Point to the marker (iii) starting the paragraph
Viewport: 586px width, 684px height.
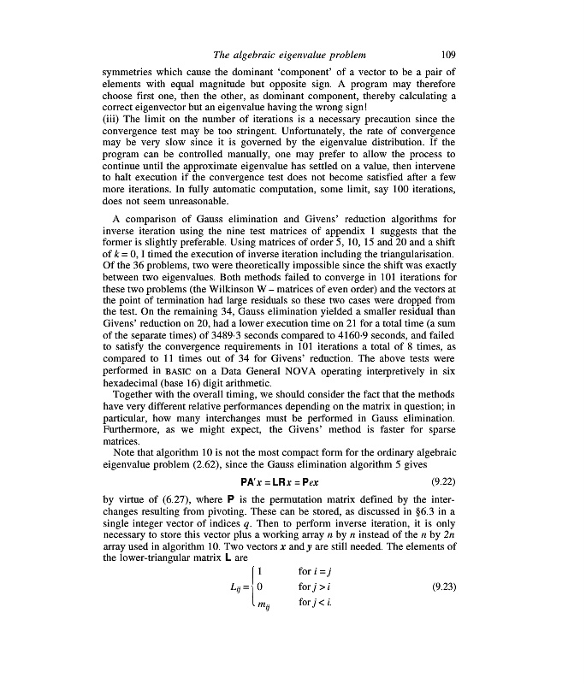pos(111,117)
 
